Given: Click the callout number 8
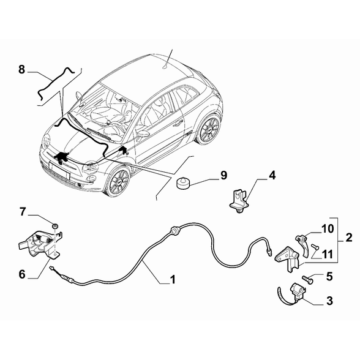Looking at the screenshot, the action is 21,69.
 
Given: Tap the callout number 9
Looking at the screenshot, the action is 223,175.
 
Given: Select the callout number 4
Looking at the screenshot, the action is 272,175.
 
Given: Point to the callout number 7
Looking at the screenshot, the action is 22,212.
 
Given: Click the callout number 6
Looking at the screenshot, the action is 22,274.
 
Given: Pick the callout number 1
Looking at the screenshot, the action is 172,279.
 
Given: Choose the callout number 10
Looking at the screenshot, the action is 328,228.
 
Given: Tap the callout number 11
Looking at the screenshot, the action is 328,254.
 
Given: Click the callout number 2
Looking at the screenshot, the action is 348,237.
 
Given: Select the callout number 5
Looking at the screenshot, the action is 329,277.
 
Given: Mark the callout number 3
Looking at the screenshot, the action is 329,301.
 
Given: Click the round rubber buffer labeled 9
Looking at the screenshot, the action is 183,182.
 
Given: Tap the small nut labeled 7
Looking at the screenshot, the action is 55,226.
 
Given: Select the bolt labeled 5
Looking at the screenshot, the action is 307,279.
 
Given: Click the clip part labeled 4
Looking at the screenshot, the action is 239,201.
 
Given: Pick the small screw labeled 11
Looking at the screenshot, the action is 315,247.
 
